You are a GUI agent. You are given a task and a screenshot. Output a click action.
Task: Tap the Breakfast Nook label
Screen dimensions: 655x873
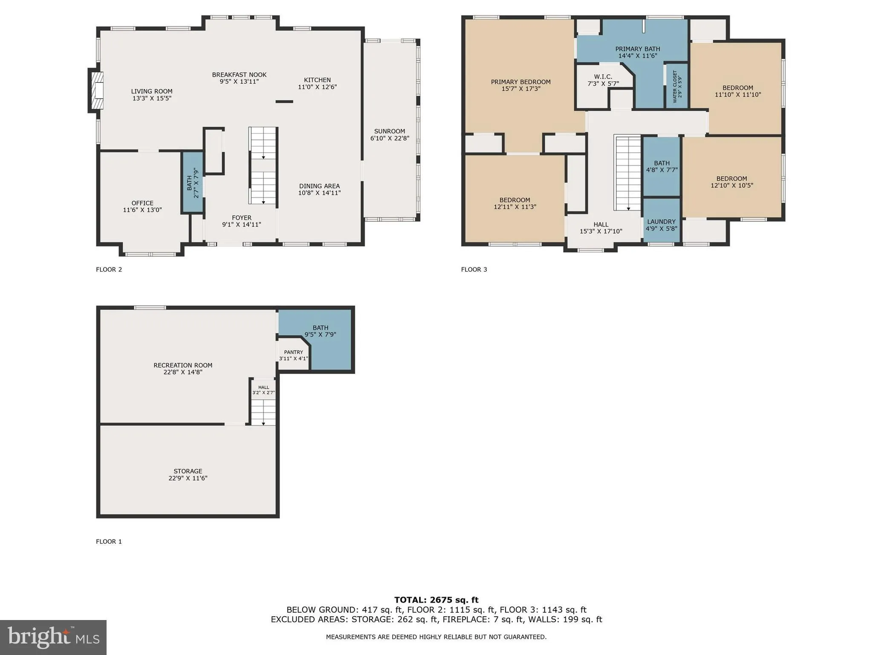pyautogui.click(x=239, y=75)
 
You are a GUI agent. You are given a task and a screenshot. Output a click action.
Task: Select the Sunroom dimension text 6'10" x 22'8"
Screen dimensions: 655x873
pyautogui.click(x=390, y=138)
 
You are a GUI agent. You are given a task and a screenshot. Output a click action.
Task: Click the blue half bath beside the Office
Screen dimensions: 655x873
pyautogui.click(x=193, y=182)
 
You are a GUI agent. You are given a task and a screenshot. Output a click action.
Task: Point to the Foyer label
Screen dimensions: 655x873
pyautogui.click(x=241, y=217)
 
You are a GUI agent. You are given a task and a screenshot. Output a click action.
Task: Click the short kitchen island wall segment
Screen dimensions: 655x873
pyautogui.click(x=284, y=101)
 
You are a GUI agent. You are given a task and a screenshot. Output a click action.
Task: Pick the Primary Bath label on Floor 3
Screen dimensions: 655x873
pyautogui.click(x=637, y=49)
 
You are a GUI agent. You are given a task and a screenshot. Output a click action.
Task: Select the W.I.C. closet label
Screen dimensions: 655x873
pyautogui.click(x=603, y=77)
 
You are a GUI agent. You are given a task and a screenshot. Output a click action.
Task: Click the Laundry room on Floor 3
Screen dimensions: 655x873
pyautogui.click(x=661, y=222)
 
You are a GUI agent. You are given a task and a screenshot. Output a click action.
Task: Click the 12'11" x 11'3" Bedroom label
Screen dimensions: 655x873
pyautogui.click(x=515, y=200)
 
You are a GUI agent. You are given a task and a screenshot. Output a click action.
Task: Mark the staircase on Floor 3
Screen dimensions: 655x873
pyautogui.click(x=627, y=172)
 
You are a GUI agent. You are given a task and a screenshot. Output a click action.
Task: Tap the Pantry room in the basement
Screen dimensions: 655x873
pyautogui.click(x=293, y=355)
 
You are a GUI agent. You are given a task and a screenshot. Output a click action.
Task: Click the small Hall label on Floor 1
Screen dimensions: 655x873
pyautogui.click(x=263, y=387)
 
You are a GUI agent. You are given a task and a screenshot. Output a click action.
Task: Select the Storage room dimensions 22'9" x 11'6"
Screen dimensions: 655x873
pyautogui.click(x=188, y=478)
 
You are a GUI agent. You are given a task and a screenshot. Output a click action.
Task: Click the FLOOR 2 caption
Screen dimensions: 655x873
pyautogui.click(x=109, y=270)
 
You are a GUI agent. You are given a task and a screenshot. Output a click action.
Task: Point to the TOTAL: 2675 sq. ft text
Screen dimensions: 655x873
pyautogui.click(x=436, y=600)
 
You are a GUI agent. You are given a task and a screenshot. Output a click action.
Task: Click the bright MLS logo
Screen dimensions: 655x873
pyautogui.click(x=53, y=637)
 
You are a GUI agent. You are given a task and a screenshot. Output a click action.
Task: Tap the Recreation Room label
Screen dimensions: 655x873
pyautogui.click(x=183, y=365)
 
